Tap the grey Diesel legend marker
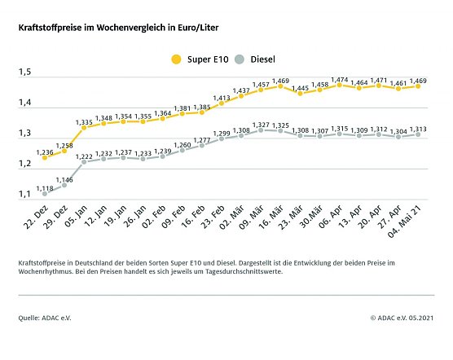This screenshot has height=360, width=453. pyautogui.click(x=240, y=59)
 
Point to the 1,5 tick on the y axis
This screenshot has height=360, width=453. pyautogui.click(x=25, y=73)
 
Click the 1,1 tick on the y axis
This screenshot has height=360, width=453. pyautogui.click(x=25, y=195)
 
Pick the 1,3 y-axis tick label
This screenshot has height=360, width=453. pyautogui.click(x=25, y=134)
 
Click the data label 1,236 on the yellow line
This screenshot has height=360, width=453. pyautogui.click(x=46, y=151)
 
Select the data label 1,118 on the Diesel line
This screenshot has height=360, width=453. pyautogui.click(x=47, y=187)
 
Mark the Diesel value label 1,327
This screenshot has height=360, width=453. pyautogui.click(x=261, y=125)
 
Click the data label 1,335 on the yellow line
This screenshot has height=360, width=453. pyautogui.click(x=84, y=122)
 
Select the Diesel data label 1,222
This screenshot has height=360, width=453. pyautogui.click(x=85, y=156)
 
